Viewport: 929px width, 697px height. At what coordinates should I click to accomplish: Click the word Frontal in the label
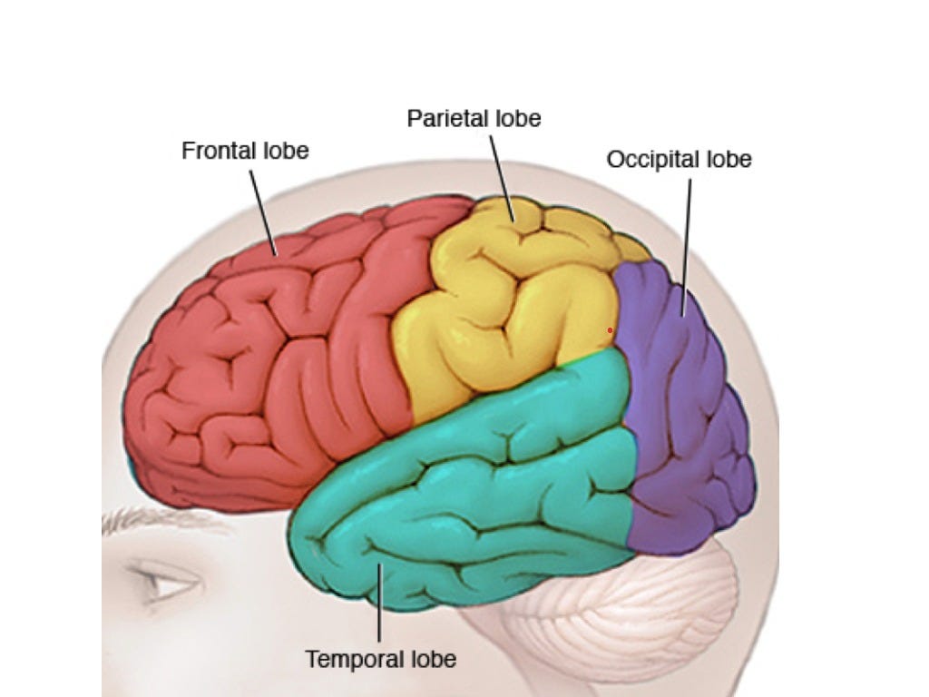[215, 150]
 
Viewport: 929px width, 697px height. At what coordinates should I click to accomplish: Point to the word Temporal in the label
[348, 659]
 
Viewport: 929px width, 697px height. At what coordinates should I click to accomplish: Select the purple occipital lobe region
[680, 408]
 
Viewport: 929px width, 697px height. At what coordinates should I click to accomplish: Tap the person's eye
[168, 583]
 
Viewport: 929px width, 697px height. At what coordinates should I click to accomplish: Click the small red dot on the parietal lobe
[610, 330]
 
